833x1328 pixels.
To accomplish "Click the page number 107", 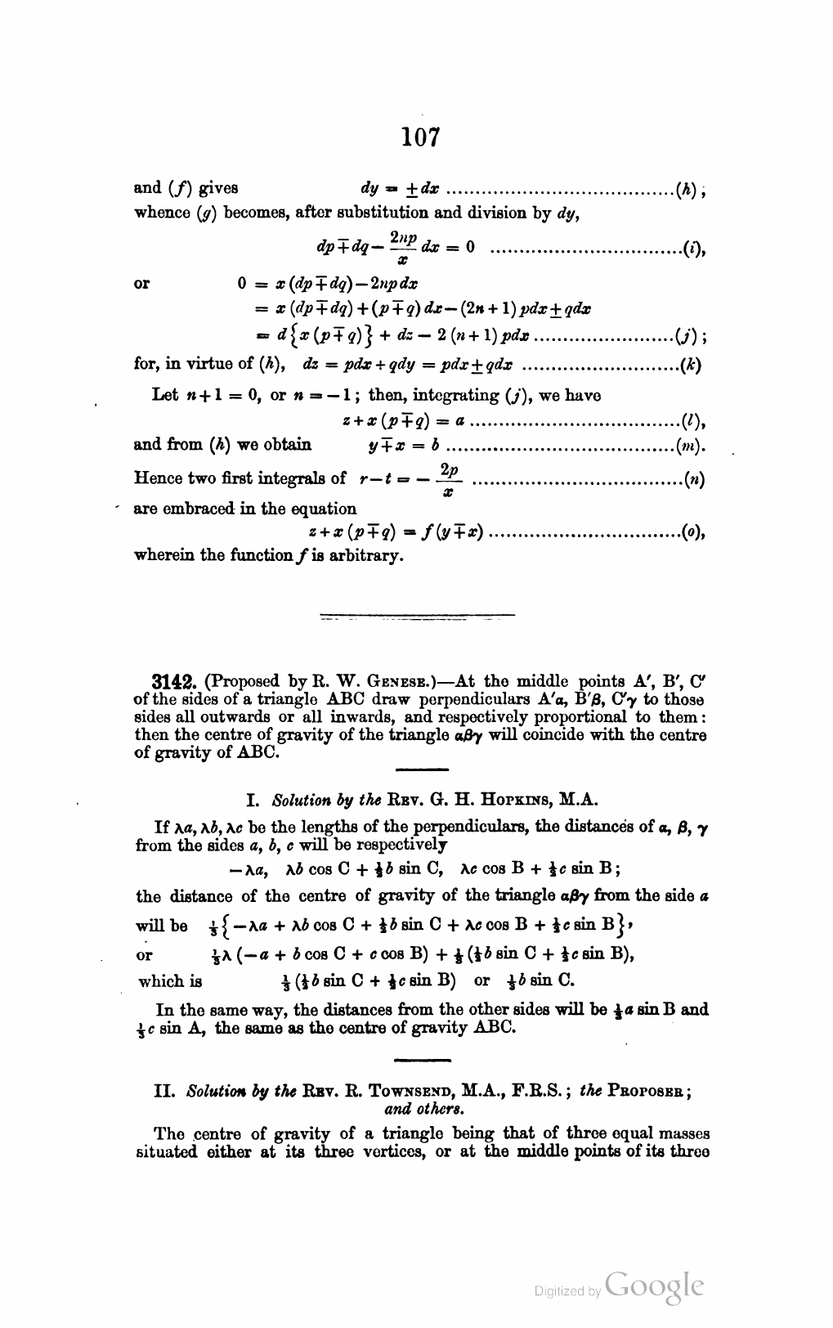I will pos(421,137).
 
